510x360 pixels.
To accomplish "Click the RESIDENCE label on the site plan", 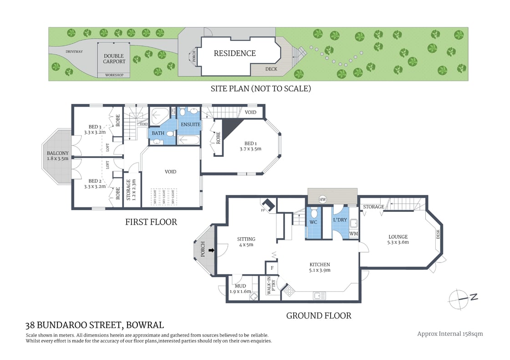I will (235, 53).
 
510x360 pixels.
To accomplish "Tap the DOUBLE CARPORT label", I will (114, 59).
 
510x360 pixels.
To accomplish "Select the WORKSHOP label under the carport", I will (114, 75).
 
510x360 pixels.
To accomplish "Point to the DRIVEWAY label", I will (74, 51).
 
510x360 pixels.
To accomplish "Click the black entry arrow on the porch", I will (210, 250).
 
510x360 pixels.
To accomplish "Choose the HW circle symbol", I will (323, 200).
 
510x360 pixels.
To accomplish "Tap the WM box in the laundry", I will (353, 234).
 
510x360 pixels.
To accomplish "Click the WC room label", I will (313, 222).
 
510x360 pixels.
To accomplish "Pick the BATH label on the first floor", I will (158, 133).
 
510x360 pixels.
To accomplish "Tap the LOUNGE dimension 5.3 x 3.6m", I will (398, 242).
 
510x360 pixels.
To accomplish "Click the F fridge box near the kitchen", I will (271, 268).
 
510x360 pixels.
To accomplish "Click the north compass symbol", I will (460, 299).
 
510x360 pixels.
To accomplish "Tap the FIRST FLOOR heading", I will (151, 222).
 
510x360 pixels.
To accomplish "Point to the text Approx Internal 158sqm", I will (450, 334).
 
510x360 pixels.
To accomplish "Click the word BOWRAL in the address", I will (144, 325).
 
